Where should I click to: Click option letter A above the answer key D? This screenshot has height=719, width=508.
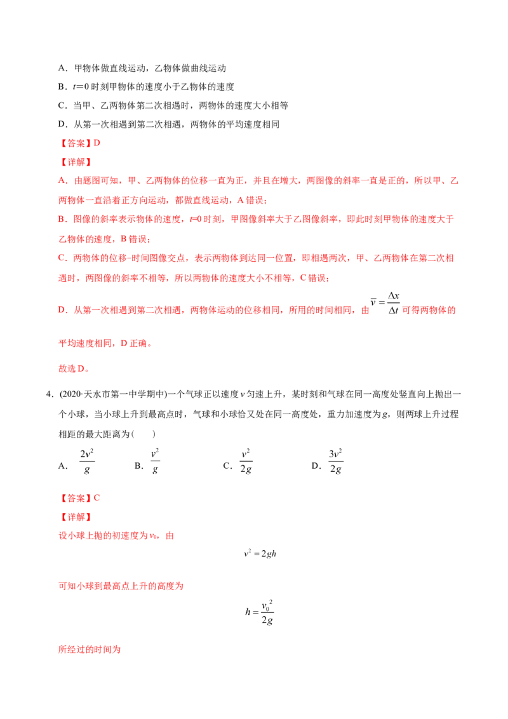[x=62, y=69]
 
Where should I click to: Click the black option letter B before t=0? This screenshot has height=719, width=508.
[x=62, y=86]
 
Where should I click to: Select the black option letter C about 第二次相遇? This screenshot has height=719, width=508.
[x=62, y=105]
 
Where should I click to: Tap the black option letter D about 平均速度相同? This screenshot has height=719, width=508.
[x=62, y=124]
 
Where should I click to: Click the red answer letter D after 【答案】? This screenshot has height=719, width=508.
[x=97, y=143]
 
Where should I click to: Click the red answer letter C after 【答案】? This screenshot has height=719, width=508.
[x=97, y=498]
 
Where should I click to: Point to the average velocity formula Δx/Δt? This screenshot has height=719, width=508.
[x=385, y=303]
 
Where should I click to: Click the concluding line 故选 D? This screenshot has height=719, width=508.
[x=74, y=368]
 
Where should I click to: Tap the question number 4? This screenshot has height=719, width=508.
[x=50, y=394]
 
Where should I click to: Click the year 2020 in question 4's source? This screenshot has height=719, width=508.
[x=71, y=394]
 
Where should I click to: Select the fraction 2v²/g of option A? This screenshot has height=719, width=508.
[x=86, y=461]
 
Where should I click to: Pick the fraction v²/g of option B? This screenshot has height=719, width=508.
[x=155, y=461]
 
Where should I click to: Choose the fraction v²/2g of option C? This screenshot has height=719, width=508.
[x=246, y=461]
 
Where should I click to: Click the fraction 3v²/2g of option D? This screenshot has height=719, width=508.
[x=336, y=461]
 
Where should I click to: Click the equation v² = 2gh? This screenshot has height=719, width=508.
[x=260, y=553]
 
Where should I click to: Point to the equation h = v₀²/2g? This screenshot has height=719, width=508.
[x=260, y=612]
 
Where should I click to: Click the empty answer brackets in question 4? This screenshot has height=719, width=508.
[x=143, y=434]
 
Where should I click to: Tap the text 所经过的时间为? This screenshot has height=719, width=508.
[x=90, y=650]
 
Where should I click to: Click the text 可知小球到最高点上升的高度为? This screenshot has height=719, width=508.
[x=121, y=586]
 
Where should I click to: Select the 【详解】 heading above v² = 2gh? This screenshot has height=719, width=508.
[x=76, y=517]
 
